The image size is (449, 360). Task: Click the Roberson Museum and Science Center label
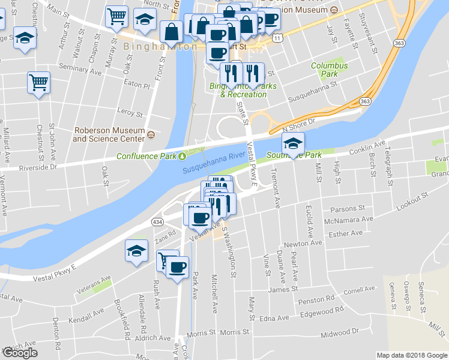pyautogui.click(x=109, y=134)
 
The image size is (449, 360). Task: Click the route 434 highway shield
pyautogui.click(x=157, y=222)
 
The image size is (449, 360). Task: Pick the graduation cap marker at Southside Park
pyautogui.click(x=293, y=143)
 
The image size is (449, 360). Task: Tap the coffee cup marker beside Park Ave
pyautogui.click(x=176, y=267)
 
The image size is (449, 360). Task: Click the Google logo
pyautogui.click(x=20, y=353)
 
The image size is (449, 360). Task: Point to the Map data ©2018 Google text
pyautogui.click(x=411, y=355)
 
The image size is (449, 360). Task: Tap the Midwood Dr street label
pyautogui.click(x=340, y=331)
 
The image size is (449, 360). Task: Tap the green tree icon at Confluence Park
pyautogui.click(x=182, y=157)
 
